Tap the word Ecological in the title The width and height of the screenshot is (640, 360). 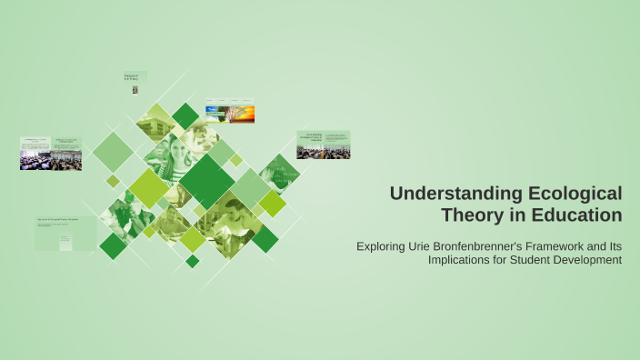(x=572, y=194)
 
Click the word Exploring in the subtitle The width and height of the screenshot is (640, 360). (x=383, y=245)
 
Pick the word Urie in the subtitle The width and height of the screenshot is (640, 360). (x=422, y=245)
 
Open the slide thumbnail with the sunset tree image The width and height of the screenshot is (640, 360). (x=229, y=110)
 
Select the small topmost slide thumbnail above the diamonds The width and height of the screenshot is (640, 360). (x=135, y=83)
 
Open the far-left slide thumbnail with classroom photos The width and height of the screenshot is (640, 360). (x=51, y=154)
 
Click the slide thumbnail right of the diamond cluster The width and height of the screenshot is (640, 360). (x=323, y=145)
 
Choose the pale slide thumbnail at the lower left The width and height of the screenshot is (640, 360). (x=65, y=233)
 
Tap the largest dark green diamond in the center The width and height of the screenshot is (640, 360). (x=207, y=180)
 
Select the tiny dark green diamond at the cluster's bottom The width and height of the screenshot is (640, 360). (x=192, y=261)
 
